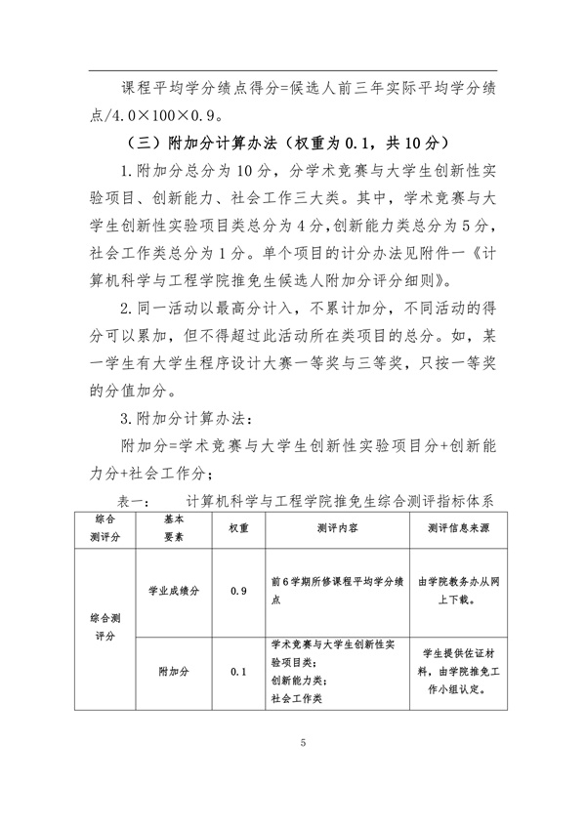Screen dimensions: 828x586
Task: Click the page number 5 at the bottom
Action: pos(303,744)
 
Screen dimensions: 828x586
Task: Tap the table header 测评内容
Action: pos(336,527)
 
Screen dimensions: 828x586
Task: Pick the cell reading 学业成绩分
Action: pos(174,591)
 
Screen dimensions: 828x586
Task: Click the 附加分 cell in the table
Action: pos(174,672)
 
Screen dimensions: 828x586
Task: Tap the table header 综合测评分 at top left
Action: pos(105,527)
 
